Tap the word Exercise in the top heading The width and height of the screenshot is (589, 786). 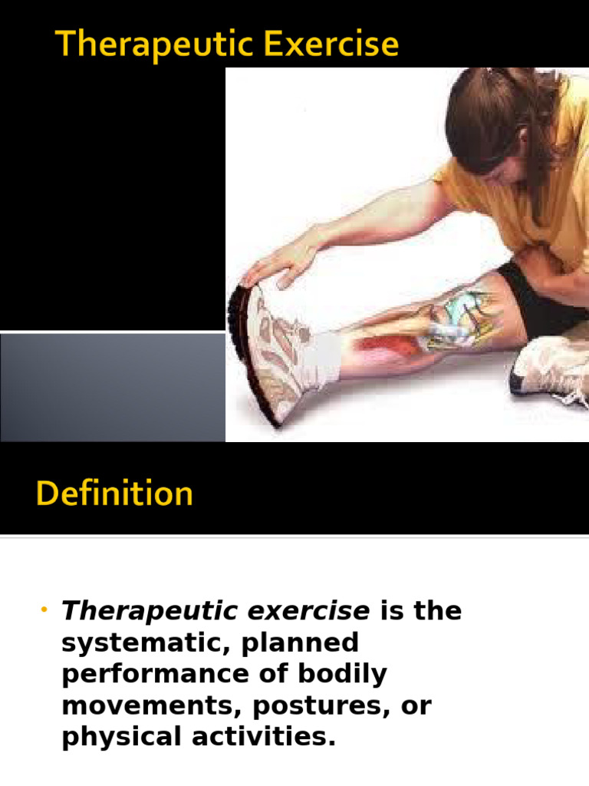337,45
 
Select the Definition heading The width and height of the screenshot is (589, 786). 114,494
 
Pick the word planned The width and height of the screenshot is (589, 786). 300,643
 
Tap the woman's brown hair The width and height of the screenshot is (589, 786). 491,115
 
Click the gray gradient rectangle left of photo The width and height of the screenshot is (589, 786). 112,387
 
